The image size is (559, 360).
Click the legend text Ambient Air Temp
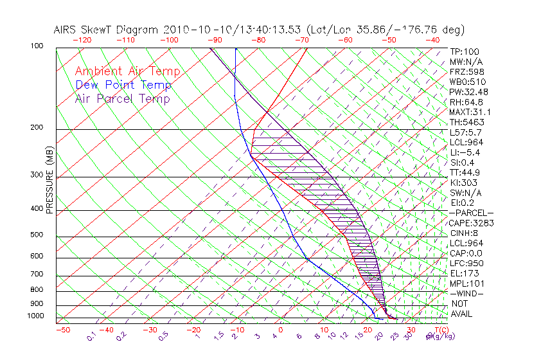(x=127, y=71)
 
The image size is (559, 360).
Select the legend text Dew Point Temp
(x=123, y=85)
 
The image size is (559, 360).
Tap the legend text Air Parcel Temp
(x=122, y=98)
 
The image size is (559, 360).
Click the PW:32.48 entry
(x=469, y=92)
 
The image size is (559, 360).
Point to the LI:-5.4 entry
(x=465, y=152)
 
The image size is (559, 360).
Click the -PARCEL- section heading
(x=472, y=213)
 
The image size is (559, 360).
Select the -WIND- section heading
(x=467, y=293)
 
